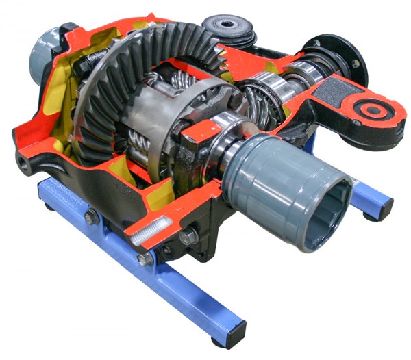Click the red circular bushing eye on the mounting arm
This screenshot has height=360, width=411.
(373, 109)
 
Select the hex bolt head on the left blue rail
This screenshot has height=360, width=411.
(91, 218)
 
